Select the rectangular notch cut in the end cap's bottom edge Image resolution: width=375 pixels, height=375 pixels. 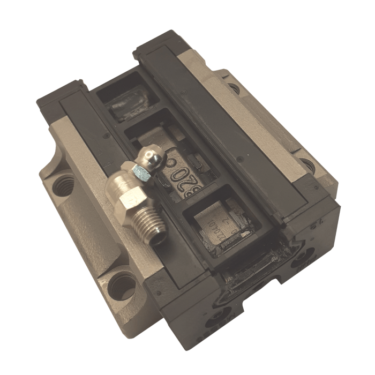(262, 289)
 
